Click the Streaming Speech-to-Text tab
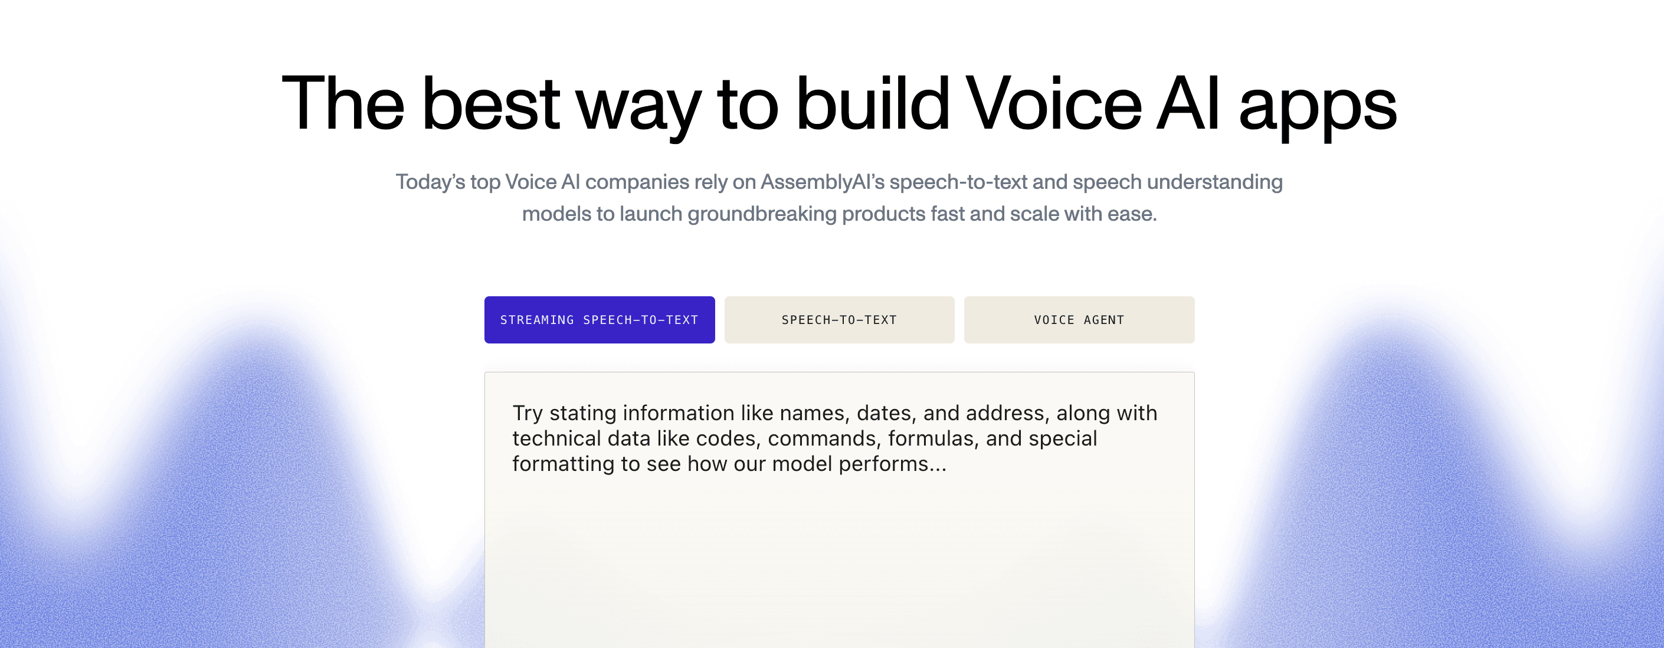600,320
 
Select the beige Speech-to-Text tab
839,320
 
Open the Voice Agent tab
1079,320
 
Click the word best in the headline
491,103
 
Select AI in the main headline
1188,103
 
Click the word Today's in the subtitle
430,182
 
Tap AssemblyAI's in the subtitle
823,183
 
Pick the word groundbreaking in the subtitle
762,214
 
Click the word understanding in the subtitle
1215,183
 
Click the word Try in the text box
528,414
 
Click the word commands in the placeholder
825,438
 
